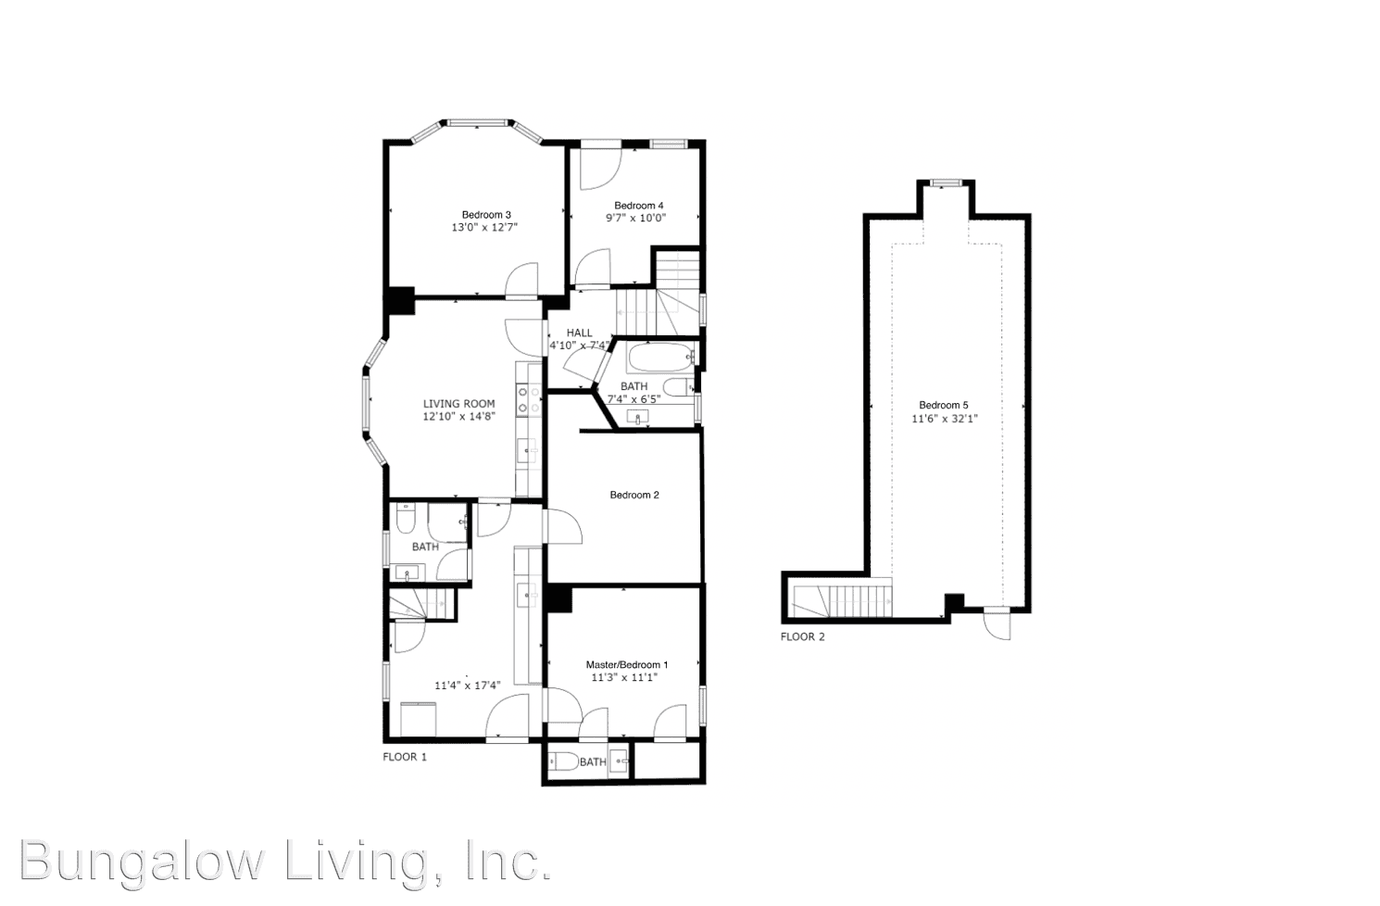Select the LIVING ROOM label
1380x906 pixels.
tap(458, 404)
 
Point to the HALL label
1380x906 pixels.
tap(580, 333)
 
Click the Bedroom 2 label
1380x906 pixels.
tap(634, 495)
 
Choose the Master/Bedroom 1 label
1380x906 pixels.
tap(626, 664)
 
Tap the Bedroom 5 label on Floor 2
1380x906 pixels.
tap(943, 405)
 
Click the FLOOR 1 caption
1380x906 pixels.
tap(405, 757)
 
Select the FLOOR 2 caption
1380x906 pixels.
tap(802, 636)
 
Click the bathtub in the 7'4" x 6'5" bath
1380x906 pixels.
tap(659, 355)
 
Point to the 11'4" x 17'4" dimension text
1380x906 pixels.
tap(468, 686)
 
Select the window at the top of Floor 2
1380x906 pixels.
tap(946, 182)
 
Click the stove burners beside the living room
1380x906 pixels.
tap(529, 399)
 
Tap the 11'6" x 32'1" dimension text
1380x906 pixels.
tap(944, 419)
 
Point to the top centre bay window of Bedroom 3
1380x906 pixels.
tap(476, 121)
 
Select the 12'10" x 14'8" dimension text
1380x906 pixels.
tap(458, 417)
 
